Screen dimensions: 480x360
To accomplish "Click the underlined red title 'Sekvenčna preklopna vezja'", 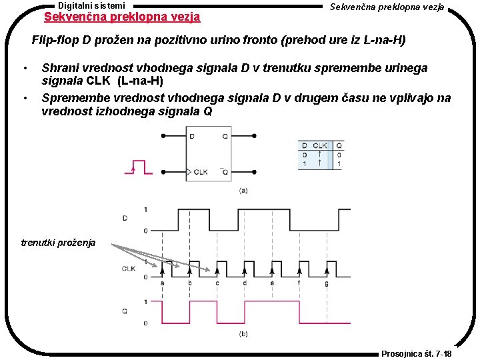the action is (x=121, y=16).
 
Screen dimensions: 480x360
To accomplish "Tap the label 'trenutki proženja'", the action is (x=59, y=243).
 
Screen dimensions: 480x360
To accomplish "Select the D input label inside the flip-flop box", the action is (x=193, y=136).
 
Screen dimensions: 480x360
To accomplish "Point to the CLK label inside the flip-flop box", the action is (x=200, y=172).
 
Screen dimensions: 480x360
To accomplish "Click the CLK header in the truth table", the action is (x=320, y=145).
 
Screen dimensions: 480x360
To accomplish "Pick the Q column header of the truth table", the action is (x=339, y=145).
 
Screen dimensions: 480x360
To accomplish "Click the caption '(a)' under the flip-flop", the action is (x=244, y=191).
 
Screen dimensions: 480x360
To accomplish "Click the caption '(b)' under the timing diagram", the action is (x=244, y=333).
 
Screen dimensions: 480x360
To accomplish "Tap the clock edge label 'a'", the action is (x=162, y=283).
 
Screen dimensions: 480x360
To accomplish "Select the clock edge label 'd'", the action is (x=245, y=283).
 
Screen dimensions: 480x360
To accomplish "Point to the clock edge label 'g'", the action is (x=326, y=283).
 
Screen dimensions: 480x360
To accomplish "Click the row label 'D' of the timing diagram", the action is (x=125, y=218).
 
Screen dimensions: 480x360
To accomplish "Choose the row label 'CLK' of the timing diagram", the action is (x=129, y=269).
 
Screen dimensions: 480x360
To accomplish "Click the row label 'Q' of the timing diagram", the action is (x=125, y=310).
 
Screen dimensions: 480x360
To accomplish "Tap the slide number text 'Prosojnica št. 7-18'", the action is (x=417, y=353).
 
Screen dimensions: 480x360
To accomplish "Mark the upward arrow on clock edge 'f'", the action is (x=299, y=270).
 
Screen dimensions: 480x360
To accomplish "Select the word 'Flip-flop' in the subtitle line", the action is (x=55, y=40).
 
